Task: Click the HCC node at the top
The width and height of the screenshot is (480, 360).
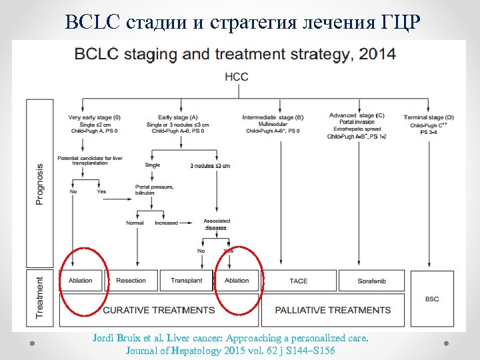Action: (x=237, y=77)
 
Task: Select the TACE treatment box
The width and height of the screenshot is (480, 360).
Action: (x=299, y=281)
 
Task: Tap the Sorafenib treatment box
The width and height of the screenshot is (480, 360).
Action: (x=371, y=281)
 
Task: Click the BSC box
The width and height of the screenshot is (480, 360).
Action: (x=432, y=299)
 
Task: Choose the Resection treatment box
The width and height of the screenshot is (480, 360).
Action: (x=131, y=281)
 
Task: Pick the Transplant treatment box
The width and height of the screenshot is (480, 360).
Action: (x=186, y=281)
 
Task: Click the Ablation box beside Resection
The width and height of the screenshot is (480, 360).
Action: (x=81, y=281)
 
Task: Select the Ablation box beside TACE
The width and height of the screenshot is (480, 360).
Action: (x=237, y=281)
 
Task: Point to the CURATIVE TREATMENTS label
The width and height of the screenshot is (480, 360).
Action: (x=159, y=310)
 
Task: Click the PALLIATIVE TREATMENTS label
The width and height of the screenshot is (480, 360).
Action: (x=331, y=310)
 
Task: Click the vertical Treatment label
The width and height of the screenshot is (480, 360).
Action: (x=39, y=297)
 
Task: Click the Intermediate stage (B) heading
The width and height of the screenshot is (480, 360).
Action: (x=273, y=117)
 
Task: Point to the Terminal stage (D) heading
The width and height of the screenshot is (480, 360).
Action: (x=429, y=117)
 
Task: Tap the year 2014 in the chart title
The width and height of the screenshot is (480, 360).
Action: (x=375, y=53)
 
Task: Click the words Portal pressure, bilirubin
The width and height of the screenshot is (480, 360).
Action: (x=154, y=190)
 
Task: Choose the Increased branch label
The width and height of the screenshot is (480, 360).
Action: (x=167, y=223)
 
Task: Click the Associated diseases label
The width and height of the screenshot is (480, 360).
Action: (x=217, y=223)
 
